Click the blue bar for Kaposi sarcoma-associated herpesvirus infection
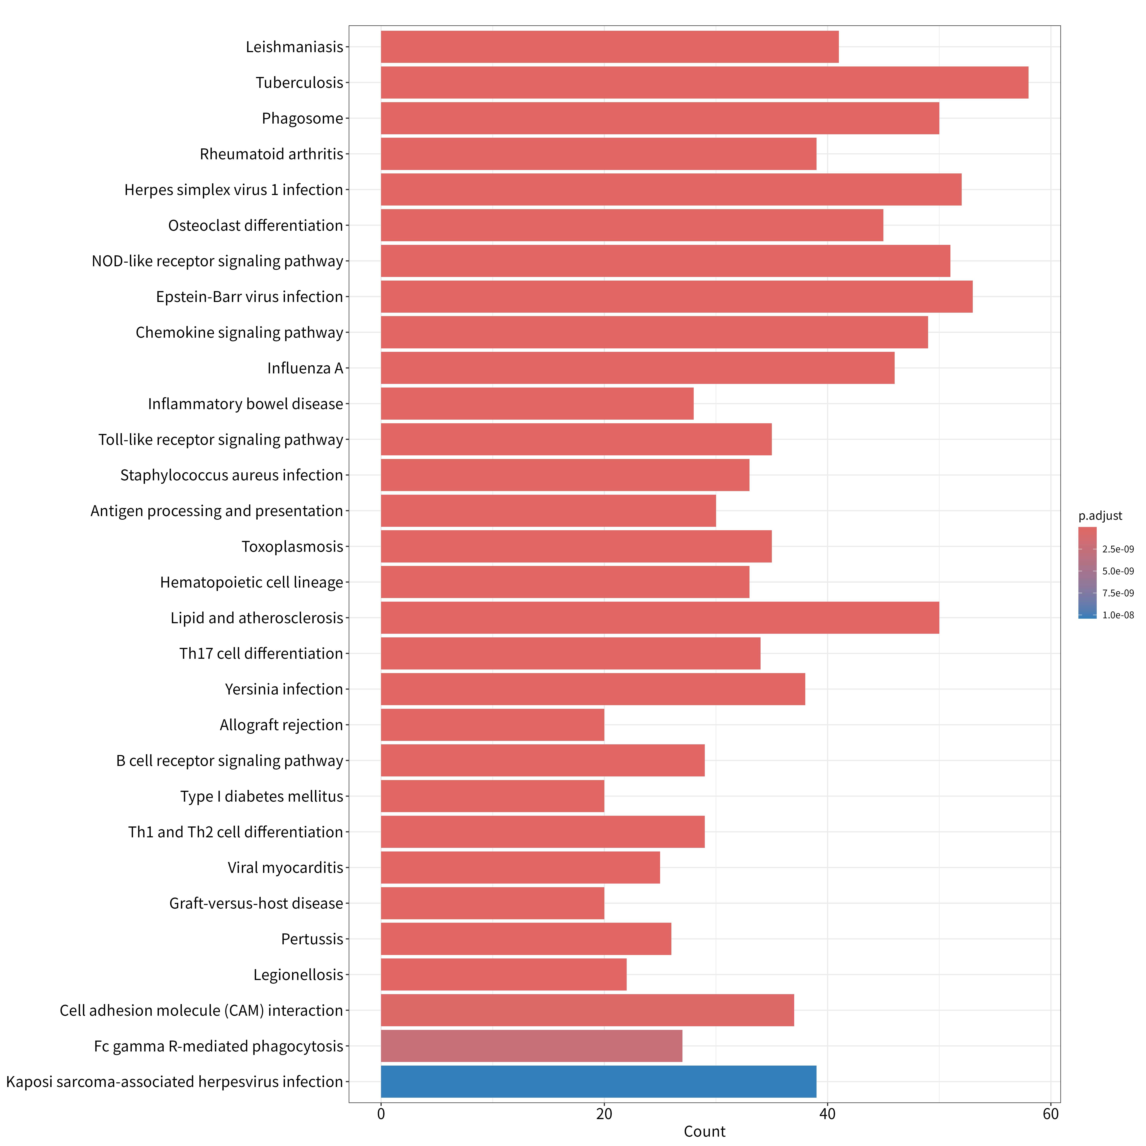coord(599,1081)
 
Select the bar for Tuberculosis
coord(705,83)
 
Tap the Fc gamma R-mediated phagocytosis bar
coord(532,1046)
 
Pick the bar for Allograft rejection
coord(492,725)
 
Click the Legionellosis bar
coord(504,974)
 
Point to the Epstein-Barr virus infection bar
coord(677,297)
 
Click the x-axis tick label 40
coord(827,1114)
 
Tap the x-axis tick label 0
coord(381,1114)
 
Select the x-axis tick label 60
coord(1050,1114)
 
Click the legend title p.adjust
coord(1100,516)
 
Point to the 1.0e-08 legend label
coord(1118,615)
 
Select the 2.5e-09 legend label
coord(1118,549)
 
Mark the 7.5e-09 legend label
coord(1118,593)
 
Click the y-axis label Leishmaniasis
coord(295,47)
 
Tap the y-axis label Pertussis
coord(313,939)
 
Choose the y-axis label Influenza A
coord(305,368)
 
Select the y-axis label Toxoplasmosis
coord(292,546)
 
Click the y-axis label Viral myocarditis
coord(285,868)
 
